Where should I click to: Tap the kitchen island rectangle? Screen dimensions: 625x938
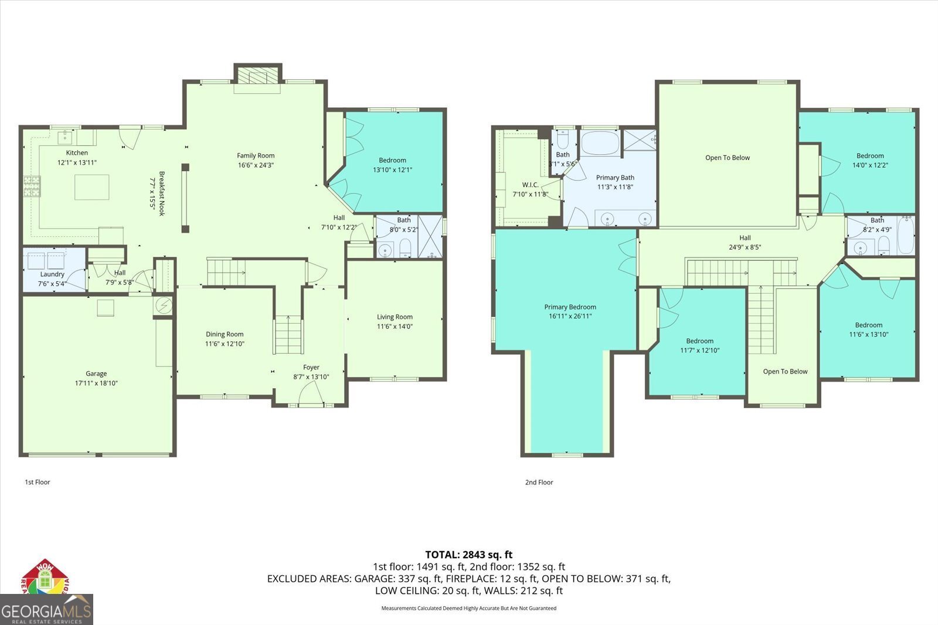(x=91, y=187)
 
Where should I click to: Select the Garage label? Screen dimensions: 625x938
(x=96, y=373)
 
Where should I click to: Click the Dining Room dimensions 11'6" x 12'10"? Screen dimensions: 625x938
(x=225, y=344)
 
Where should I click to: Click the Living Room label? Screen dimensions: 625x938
(x=395, y=317)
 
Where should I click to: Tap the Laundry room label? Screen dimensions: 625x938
(x=52, y=274)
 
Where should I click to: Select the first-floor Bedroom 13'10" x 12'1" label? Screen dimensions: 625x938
(x=392, y=160)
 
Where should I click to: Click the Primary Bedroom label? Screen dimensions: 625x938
(x=570, y=307)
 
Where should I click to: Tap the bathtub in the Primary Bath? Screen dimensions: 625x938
(x=600, y=142)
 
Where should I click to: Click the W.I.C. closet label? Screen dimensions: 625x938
(x=530, y=185)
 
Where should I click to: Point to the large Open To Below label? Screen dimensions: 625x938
(x=728, y=158)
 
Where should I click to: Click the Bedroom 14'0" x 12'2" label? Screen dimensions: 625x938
(x=870, y=156)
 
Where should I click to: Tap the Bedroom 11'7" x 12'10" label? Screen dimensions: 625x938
(x=700, y=341)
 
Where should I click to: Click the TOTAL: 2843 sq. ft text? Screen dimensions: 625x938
(x=468, y=554)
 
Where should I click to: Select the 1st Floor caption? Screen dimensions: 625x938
(x=38, y=482)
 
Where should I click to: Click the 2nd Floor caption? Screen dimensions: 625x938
(x=539, y=482)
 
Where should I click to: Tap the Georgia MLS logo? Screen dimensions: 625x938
(x=46, y=610)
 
